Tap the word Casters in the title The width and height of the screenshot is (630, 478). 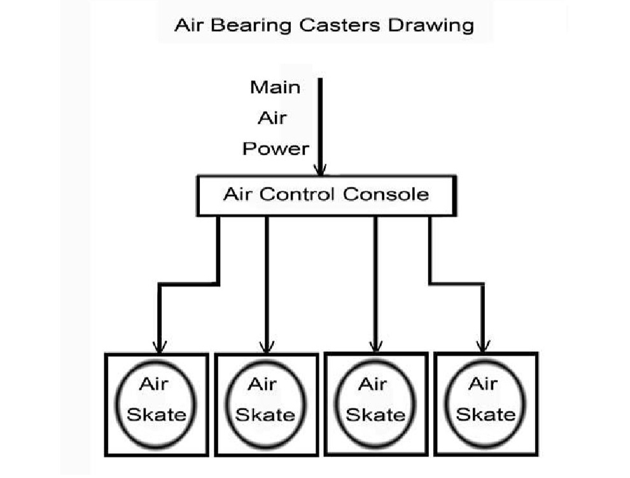(x=340, y=25)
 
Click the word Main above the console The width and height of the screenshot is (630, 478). (x=275, y=87)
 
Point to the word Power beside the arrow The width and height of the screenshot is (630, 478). (x=276, y=149)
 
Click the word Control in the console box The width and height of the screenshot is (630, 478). (x=297, y=194)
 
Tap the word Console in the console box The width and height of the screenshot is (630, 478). (x=386, y=194)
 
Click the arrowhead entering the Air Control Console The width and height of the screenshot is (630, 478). (x=320, y=170)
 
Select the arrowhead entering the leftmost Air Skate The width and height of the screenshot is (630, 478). (x=160, y=347)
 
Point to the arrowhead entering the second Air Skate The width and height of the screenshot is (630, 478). (x=267, y=347)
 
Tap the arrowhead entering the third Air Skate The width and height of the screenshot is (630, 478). (x=375, y=346)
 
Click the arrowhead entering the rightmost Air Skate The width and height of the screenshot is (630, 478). (x=483, y=346)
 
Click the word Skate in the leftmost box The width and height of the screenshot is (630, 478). (x=157, y=414)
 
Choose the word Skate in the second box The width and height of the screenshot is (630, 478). (x=265, y=415)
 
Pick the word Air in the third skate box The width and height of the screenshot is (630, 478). (x=372, y=384)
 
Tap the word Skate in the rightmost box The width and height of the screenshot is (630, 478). (x=486, y=414)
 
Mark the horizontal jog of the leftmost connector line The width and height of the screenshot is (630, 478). (x=189, y=284)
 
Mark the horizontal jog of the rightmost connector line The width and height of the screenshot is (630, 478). (x=456, y=284)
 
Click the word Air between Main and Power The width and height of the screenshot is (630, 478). (x=272, y=119)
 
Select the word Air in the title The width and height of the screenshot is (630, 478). (x=189, y=25)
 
